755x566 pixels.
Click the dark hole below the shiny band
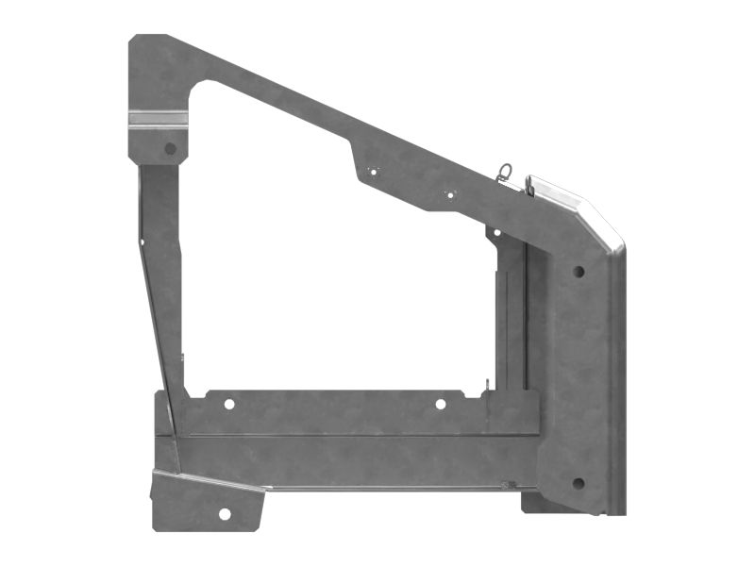[x=170, y=148]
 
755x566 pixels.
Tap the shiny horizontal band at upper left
[x=158, y=119]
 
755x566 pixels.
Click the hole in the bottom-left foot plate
[x=225, y=514]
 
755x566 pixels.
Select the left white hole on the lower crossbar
[x=228, y=404]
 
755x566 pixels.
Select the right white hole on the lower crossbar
[x=440, y=404]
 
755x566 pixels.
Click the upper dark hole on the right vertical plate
[x=579, y=271]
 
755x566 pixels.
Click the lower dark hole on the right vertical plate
[x=578, y=483]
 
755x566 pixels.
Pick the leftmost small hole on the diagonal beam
[x=372, y=171]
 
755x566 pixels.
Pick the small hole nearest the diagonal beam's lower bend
[x=449, y=193]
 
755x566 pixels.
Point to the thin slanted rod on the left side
[x=156, y=311]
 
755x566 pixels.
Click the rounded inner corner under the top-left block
[x=198, y=89]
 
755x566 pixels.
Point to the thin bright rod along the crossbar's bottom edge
[x=387, y=488]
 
